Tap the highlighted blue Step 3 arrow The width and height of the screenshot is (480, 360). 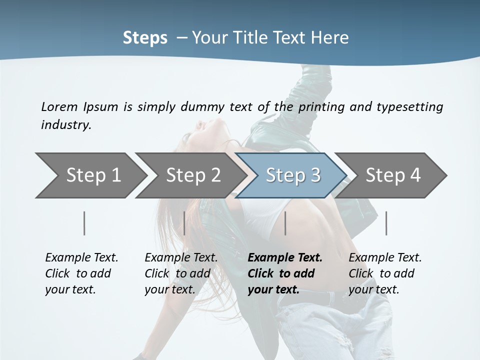(293, 175)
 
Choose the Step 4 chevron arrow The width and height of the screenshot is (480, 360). (393, 175)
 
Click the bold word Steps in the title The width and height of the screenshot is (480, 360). (145, 38)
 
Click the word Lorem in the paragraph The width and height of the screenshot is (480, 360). (59, 107)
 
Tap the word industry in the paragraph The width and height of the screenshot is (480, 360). (66, 125)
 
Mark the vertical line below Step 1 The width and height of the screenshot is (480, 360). (84, 223)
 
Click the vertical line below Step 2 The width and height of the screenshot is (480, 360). (184, 223)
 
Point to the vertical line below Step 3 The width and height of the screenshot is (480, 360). (285, 223)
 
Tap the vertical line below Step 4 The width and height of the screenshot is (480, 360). (386, 223)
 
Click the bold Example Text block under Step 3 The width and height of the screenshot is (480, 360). (285, 273)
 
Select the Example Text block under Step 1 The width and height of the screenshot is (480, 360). (81, 273)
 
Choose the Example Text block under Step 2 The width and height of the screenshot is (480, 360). (181, 273)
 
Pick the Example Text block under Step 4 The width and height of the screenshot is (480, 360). (385, 273)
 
